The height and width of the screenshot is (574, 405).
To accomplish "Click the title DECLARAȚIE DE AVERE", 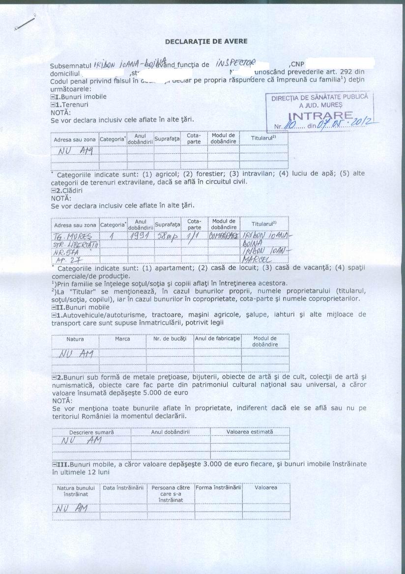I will pos(206,41).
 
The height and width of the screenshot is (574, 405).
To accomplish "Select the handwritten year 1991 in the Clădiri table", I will pos(140,236).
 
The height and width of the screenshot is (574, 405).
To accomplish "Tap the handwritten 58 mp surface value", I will pos(167,236).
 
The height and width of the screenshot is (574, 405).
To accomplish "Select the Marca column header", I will pos(122,339).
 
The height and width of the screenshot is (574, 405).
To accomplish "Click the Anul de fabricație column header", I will pos(217,339).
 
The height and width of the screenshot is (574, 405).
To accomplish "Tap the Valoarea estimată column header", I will pos(250,432).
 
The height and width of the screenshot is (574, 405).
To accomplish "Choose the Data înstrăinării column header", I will pos(123,488).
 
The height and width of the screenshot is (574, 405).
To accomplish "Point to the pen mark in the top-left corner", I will pos(26,24).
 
